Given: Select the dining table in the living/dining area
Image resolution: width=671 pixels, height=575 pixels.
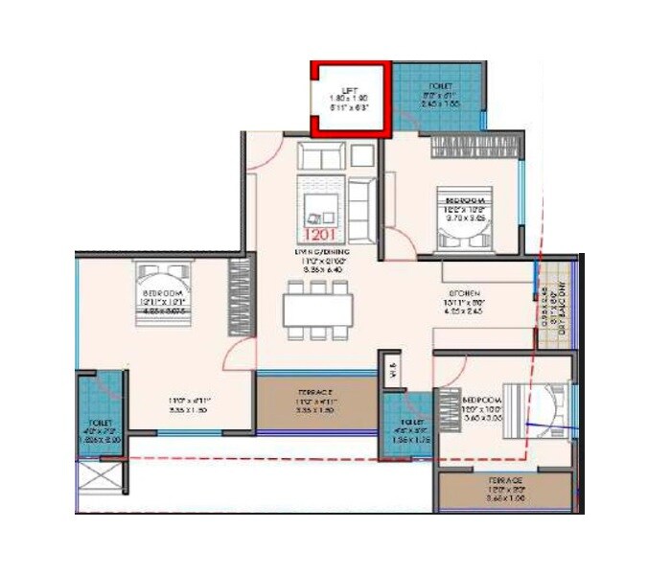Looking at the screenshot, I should click(x=318, y=309).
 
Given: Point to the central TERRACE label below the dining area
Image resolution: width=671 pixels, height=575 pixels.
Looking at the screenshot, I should click(x=312, y=393).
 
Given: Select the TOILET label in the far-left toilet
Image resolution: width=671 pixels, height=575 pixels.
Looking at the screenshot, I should click(x=100, y=422).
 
